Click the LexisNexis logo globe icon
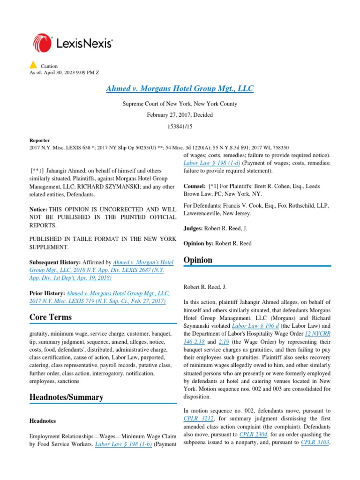coord(43,43)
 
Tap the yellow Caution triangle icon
coord(33,65)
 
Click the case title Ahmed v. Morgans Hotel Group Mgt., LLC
coord(180,89)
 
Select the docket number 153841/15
coord(180,126)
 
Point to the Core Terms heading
coord(51,317)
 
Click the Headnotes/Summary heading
coord(66,397)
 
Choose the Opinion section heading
coord(198,260)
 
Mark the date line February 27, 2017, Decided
coord(180,115)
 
